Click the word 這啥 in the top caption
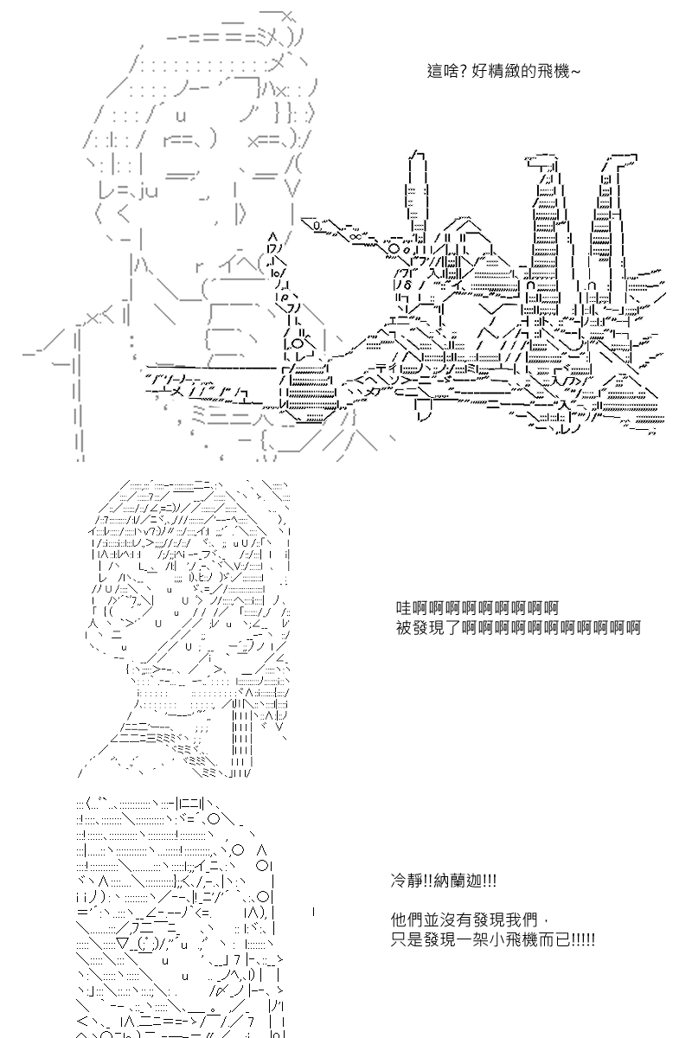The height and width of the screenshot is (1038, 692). click(440, 71)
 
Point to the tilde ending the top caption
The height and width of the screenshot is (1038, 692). click(574, 72)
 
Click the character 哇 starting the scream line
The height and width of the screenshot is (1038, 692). click(404, 607)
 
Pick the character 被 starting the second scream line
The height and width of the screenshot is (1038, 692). click(404, 628)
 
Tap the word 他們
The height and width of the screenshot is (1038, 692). click(407, 919)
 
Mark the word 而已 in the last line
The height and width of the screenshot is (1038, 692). click(554, 939)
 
